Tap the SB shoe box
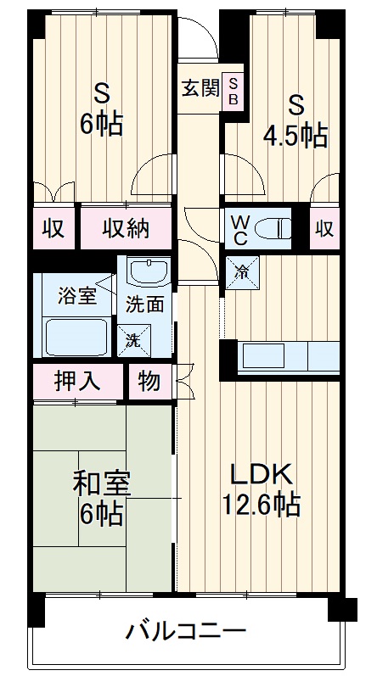click(234, 89)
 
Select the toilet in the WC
click(273, 226)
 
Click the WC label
click(240, 228)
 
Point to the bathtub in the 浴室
click(77, 337)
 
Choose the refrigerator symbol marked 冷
click(242, 272)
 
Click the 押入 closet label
click(77, 382)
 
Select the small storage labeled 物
click(149, 382)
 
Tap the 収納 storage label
click(127, 227)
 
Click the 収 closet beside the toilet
click(324, 227)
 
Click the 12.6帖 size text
click(261, 506)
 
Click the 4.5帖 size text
click(295, 135)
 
